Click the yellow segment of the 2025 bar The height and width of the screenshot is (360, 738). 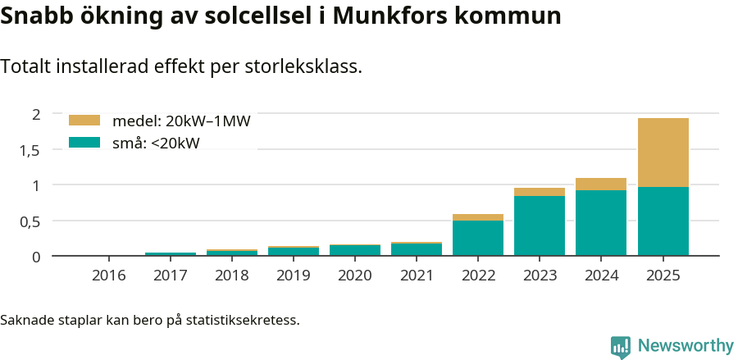663,153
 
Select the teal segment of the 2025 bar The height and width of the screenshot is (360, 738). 663,221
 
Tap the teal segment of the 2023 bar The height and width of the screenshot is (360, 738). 540,226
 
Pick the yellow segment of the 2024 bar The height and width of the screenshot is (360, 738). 601,184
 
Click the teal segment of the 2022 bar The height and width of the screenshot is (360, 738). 478,239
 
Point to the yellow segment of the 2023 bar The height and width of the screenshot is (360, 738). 540,192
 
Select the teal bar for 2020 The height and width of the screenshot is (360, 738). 355,251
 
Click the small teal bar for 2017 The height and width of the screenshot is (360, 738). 171,254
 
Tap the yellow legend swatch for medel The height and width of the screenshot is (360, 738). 84,121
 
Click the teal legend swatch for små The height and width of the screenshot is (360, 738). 84,143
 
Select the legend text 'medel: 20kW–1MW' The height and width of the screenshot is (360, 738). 181,121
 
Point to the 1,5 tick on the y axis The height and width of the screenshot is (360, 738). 30,150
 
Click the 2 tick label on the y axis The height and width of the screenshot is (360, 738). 35,114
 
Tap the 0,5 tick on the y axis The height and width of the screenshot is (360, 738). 30,221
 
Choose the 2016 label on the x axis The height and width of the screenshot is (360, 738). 109,276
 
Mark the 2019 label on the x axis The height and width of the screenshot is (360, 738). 294,276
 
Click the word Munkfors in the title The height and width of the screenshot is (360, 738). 393,16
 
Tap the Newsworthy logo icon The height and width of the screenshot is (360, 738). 621,347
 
